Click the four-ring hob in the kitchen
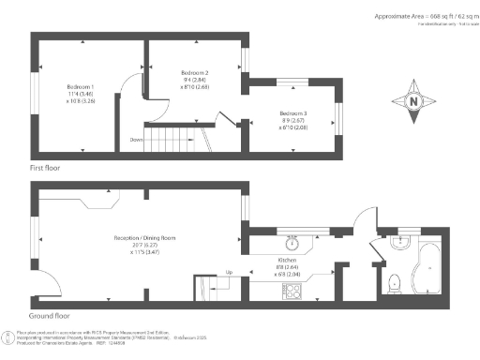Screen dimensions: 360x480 click(x=292, y=290)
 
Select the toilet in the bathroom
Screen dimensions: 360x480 click(x=395, y=280)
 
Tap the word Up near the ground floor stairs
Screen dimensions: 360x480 click(x=229, y=273)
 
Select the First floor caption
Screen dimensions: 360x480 click(x=45, y=165)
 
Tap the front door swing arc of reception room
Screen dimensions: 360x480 click(x=45, y=283)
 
